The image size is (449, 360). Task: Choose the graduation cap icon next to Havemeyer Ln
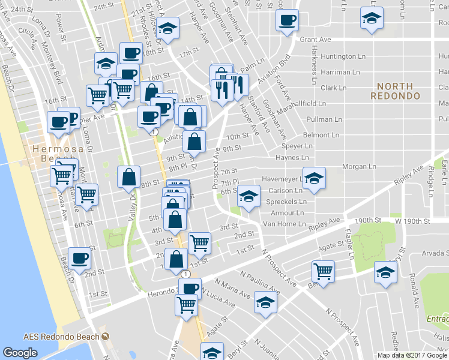pos(313,178)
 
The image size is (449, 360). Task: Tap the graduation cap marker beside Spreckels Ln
pos(248,194)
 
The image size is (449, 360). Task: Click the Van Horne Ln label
pos(286,223)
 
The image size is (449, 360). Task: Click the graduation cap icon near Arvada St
pos(385,271)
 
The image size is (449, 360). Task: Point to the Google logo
pos(20,353)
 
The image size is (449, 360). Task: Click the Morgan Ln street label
pos(359,166)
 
